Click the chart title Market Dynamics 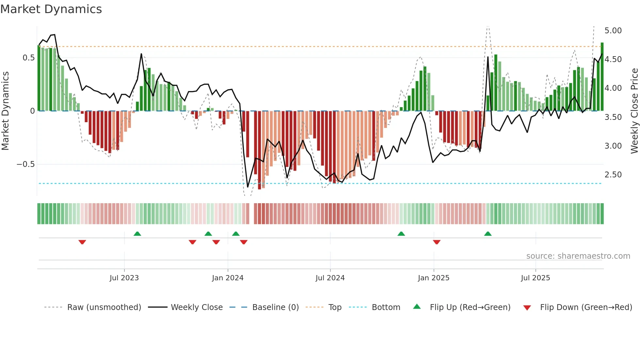click(51, 9)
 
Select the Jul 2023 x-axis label click(124, 278)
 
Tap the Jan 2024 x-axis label click(228, 278)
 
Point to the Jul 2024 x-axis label click(330, 278)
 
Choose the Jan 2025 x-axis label click(434, 278)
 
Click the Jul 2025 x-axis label click(536, 278)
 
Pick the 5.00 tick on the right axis click(613, 31)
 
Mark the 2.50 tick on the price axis click(613, 175)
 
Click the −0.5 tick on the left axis click(25, 164)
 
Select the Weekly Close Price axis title click(634, 111)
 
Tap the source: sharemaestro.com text click(578, 256)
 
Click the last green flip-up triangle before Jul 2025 click(488, 234)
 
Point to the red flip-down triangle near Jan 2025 click(437, 242)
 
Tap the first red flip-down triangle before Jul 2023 click(82, 242)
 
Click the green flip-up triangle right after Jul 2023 click(137, 234)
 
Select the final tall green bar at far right click(602, 77)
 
